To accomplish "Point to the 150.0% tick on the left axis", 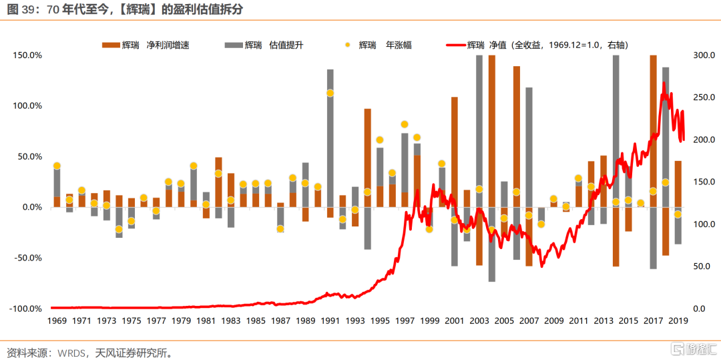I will (28, 55).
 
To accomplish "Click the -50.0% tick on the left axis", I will (28, 258).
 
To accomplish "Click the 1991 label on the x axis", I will (330, 321).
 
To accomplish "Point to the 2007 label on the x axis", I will (529, 321).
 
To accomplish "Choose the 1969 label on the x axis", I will (57, 321).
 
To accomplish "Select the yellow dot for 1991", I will (330, 93).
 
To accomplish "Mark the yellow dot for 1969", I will (57, 166).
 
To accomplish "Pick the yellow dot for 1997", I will (405, 124).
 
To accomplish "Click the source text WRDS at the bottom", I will (68, 352).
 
